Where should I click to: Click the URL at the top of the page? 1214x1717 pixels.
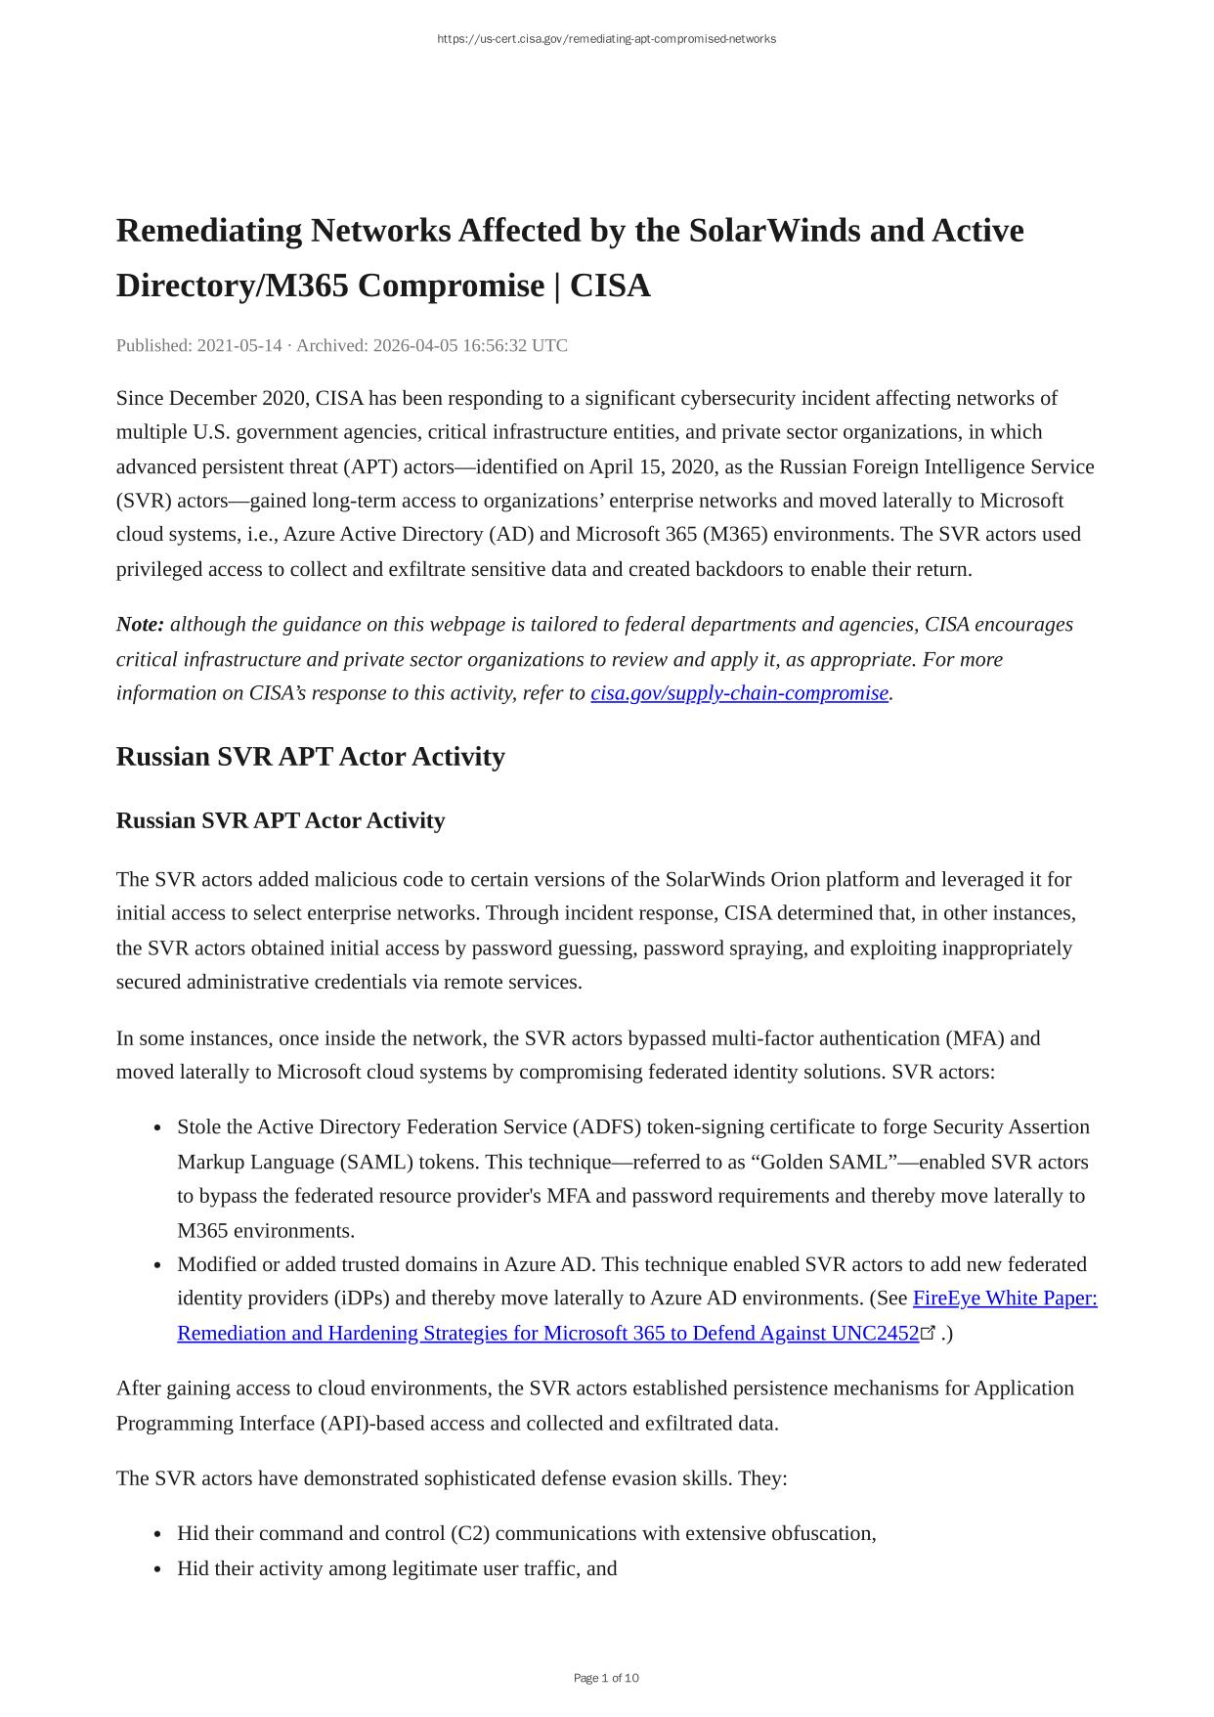606,39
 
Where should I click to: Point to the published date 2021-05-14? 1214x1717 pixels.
239,345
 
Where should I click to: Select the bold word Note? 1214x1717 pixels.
140,625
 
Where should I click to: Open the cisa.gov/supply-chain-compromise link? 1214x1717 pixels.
739,693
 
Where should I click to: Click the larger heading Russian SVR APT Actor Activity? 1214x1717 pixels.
310,757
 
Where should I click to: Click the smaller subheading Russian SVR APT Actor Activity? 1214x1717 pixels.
281,820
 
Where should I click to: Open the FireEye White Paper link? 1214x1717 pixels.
1005,1299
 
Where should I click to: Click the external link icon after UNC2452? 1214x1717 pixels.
929,1333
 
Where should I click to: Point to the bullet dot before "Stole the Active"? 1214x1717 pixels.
157,1128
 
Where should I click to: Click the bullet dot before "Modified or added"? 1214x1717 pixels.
157,1265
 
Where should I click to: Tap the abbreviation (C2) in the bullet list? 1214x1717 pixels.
471,1533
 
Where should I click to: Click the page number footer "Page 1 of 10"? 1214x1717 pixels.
606,1678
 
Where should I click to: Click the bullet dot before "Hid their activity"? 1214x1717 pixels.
157,1569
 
